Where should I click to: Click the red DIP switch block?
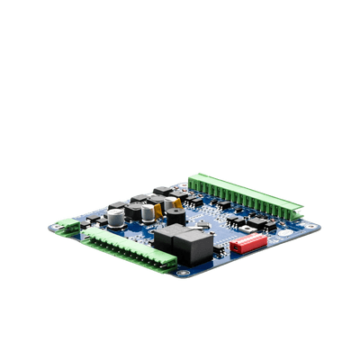(x=248, y=243)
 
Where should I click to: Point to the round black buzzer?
(x=175, y=217)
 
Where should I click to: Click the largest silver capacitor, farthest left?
(x=116, y=218)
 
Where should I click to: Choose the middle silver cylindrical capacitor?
(x=147, y=213)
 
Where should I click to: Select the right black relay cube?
(x=199, y=245)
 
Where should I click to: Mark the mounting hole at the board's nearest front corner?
(x=185, y=272)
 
